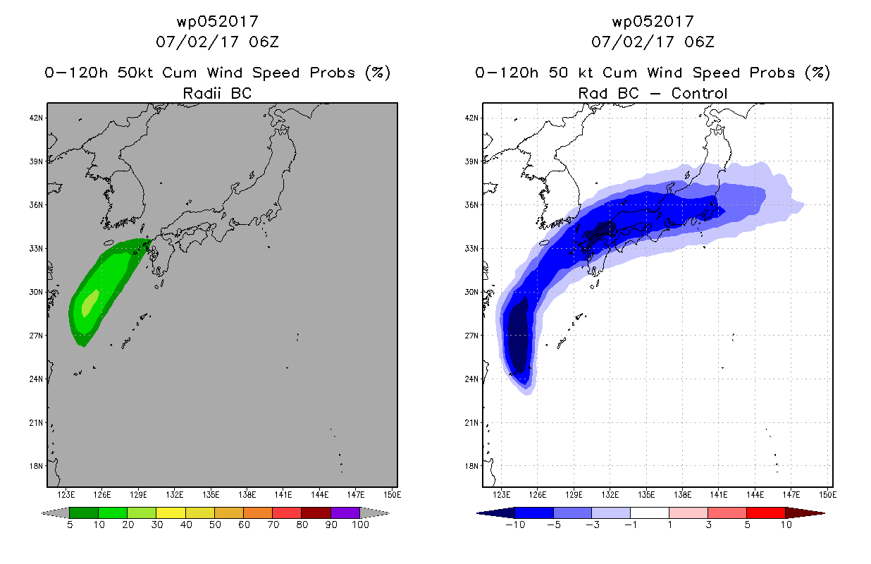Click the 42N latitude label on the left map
(36, 118)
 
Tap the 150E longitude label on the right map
(827, 495)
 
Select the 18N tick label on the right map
(471, 466)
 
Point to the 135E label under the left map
(211, 495)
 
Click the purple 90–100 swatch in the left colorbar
(345, 513)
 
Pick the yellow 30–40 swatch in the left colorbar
(171, 513)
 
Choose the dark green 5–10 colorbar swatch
(84, 513)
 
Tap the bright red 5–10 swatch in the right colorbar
(766, 513)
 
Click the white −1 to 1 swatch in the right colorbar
(650, 513)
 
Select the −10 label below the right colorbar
(515, 525)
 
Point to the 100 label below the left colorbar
(360, 525)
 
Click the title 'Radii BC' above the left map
(217, 93)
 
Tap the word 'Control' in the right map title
(699, 93)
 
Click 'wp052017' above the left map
(217, 22)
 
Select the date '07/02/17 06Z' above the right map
(653, 42)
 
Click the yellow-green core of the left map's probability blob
(89, 303)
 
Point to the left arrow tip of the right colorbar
(477, 513)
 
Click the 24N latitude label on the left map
(36, 379)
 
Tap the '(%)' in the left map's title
(378, 73)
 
